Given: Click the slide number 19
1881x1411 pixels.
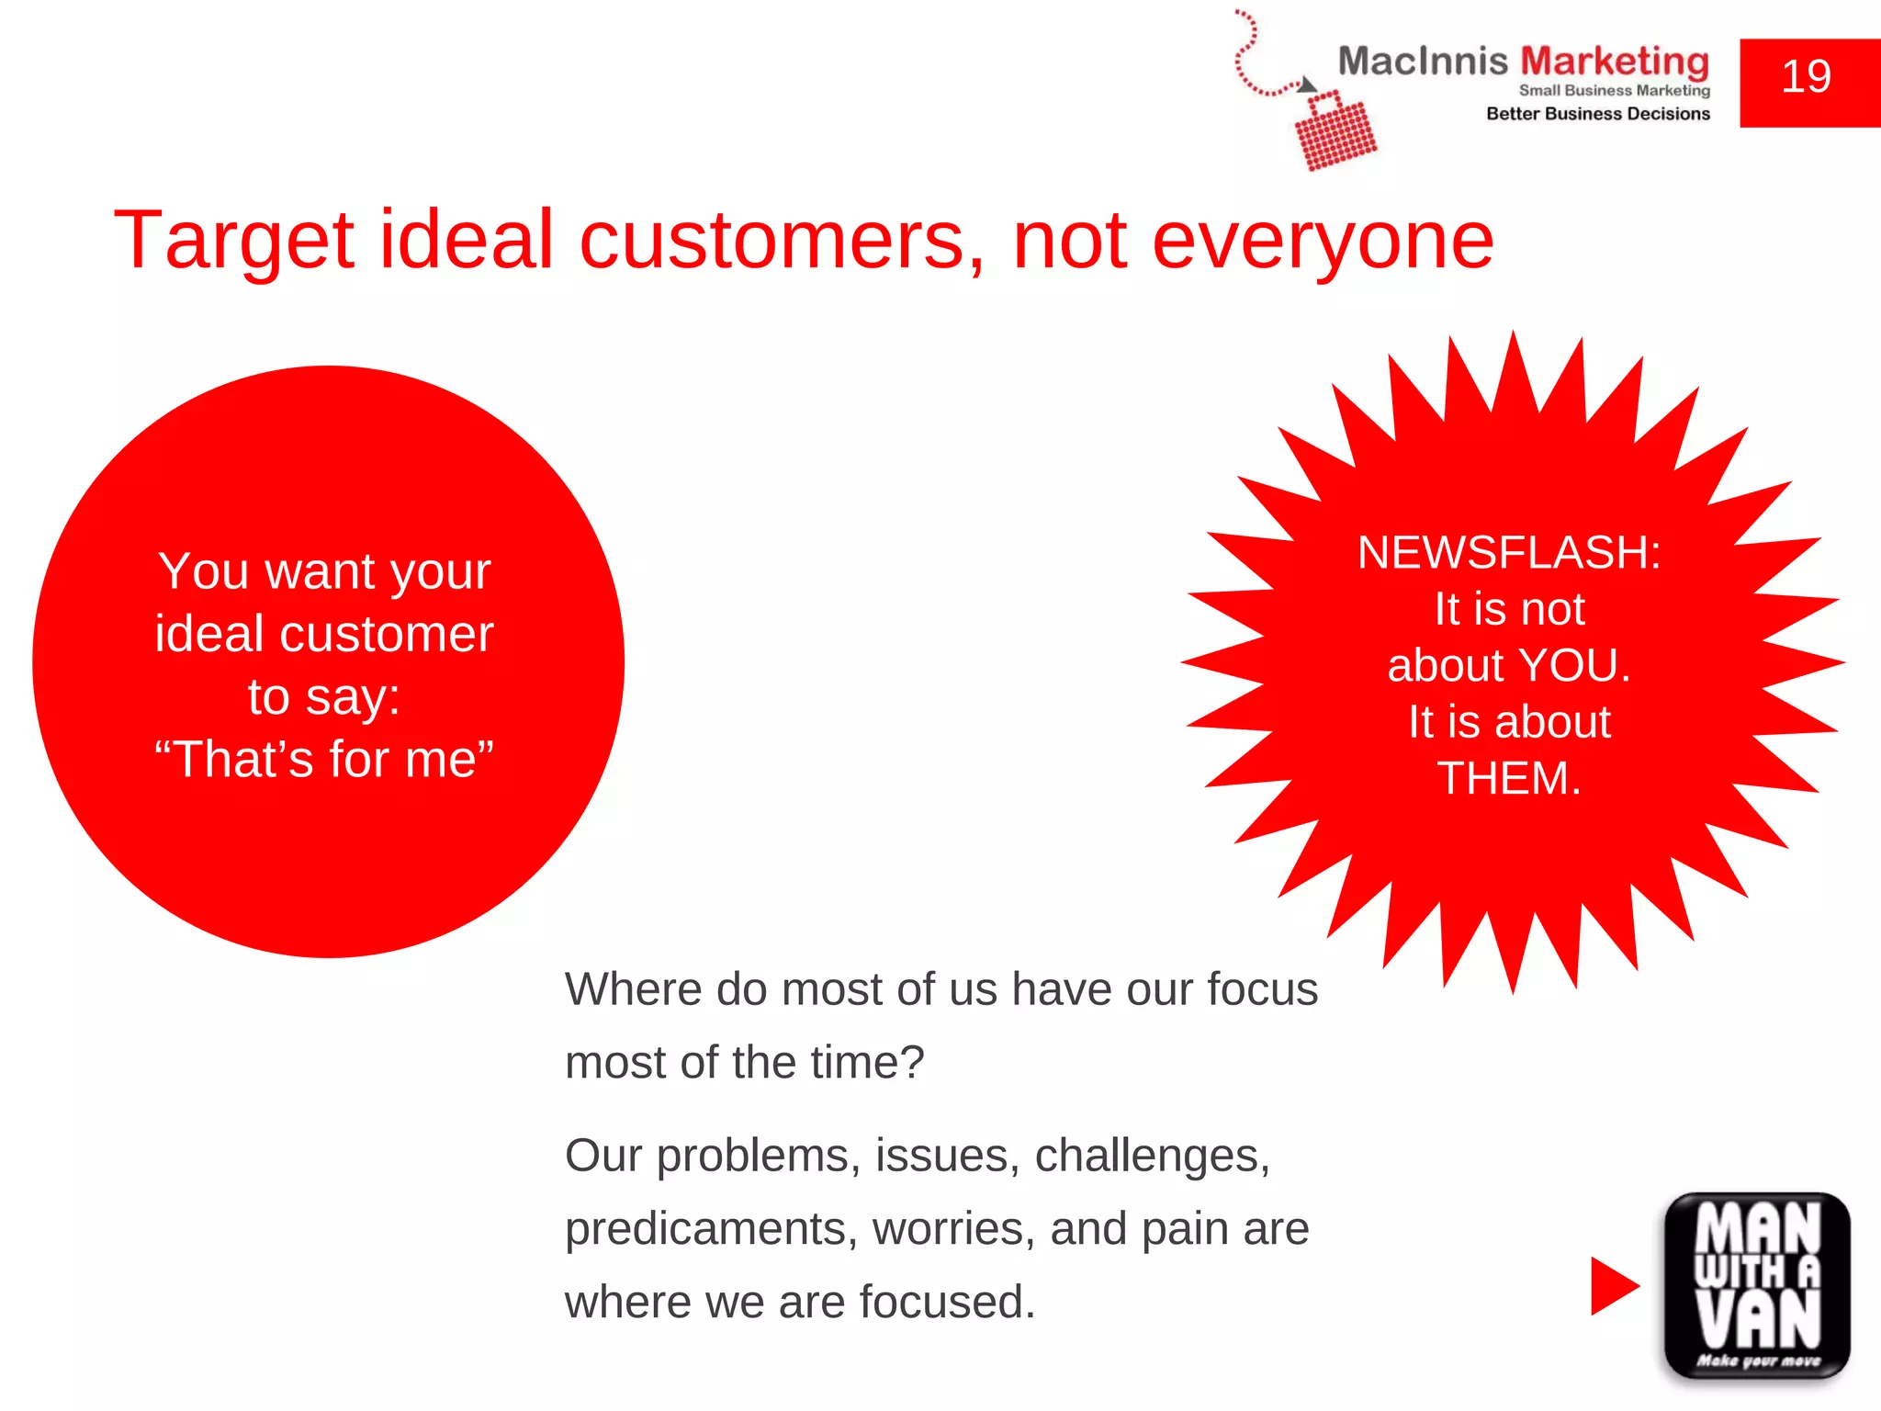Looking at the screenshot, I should pos(1806,77).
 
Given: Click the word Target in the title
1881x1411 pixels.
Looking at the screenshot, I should pos(233,241).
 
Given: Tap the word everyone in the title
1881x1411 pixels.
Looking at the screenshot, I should pos(1323,241).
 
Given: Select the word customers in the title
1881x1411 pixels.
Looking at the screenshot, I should pos(781,241).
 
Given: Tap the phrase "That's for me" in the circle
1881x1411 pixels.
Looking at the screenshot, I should pos(323,760).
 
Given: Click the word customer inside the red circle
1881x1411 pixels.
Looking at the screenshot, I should pos(386,635).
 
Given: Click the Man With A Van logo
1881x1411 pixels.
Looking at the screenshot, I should pos(1757,1286).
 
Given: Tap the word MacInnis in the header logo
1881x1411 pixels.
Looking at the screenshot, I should pos(1422,62).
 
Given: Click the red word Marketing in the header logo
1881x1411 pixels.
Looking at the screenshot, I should pos(1615,62).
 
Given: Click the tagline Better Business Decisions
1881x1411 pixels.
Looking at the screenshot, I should pos(1598,114).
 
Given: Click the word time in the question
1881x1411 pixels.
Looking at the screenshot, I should pos(858,1064).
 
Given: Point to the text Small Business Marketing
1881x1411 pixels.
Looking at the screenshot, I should pos(1614,90).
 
